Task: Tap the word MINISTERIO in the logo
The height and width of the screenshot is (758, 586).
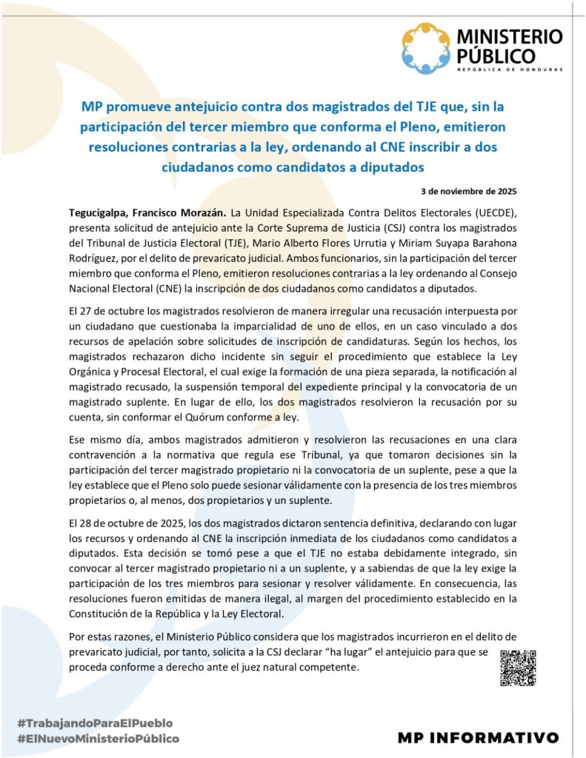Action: pyautogui.click(x=510, y=36)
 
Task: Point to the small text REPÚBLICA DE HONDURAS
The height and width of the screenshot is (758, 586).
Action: pyautogui.click(x=510, y=70)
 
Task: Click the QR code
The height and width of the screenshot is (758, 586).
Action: pyautogui.click(x=518, y=668)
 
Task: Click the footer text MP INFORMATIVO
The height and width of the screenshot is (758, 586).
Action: pyautogui.click(x=478, y=737)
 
